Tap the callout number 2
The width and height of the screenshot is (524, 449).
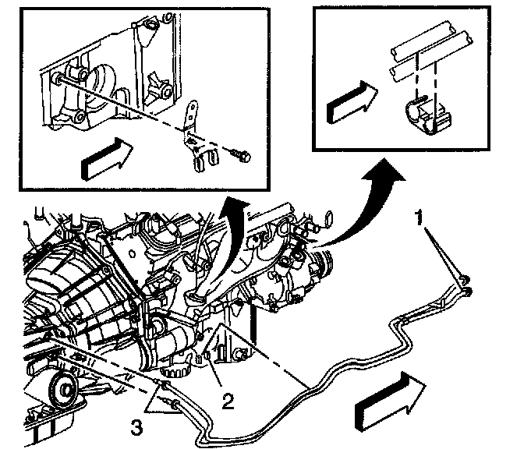[227, 402]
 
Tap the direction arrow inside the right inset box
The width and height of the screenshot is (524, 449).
[349, 99]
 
